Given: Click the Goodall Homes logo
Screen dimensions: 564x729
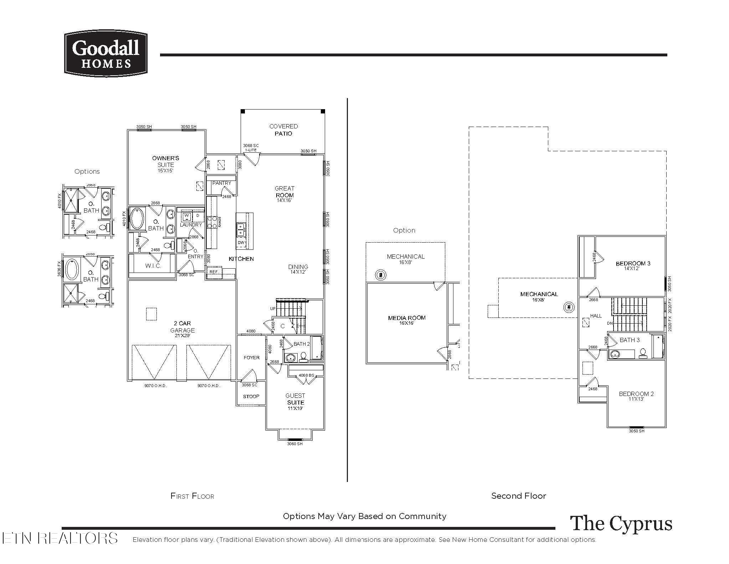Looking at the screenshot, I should pyautogui.click(x=106, y=54).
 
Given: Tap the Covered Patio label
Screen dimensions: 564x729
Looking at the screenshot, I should pyautogui.click(x=283, y=130).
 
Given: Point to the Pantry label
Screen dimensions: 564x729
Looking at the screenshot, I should pyautogui.click(x=222, y=183).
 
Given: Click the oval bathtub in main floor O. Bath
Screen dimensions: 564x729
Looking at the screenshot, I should pyautogui.click(x=137, y=219).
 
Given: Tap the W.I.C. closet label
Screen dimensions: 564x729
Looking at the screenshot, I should pyautogui.click(x=153, y=266).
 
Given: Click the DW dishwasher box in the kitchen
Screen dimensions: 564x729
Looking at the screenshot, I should pyautogui.click(x=241, y=243).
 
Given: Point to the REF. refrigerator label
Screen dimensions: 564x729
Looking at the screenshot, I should pyautogui.click(x=214, y=272).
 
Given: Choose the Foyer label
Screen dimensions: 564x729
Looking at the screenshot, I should pyautogui.click(x=251, y=357).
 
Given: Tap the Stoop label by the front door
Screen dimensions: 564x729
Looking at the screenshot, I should pyautogui.click(x=251, y=396).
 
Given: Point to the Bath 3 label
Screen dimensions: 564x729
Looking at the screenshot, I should pyautogui.click(x=630, y=340).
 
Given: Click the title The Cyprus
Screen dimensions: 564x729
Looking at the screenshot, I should pyautogui.click(x=621, y=524).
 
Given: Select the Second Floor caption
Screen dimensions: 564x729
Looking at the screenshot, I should pyautogui.click(x=518, y=496).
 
